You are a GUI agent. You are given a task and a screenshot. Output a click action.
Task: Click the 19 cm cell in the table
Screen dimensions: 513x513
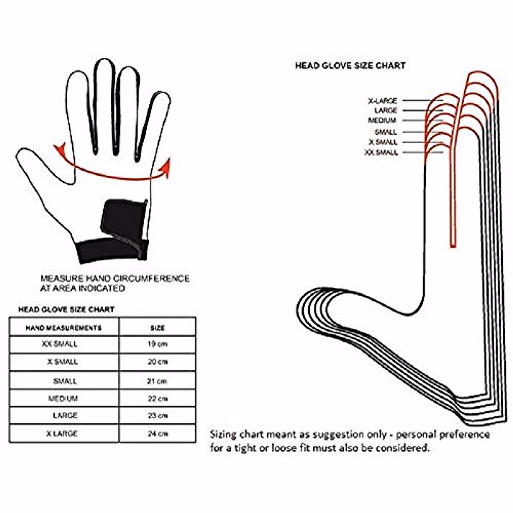pos(157,344)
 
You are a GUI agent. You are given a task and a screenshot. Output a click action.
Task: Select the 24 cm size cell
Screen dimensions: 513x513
pos(157,433)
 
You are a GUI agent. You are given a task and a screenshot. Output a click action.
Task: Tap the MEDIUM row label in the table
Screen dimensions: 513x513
pos(63,398)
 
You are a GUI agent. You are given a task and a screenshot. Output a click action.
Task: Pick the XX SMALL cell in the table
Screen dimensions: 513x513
pos(59,344)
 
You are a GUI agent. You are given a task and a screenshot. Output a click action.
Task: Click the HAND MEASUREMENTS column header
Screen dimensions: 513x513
pos(64,328)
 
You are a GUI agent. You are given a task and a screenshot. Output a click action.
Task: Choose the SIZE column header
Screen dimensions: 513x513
pos(157,328)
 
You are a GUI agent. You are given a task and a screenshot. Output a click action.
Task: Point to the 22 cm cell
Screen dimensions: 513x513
pos(157,398)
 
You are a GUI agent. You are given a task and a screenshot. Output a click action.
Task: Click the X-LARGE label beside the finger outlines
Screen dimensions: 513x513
pos(383,101)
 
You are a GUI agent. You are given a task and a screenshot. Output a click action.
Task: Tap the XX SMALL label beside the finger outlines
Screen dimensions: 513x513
pos(381,153)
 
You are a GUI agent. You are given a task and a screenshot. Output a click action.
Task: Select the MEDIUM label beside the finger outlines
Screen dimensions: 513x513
pos(382,121)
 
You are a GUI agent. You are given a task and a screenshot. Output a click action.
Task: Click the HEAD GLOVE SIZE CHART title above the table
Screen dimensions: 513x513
pos(66,309)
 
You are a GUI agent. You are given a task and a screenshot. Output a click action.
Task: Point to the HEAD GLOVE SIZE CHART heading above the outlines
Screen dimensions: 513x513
pos(350,66)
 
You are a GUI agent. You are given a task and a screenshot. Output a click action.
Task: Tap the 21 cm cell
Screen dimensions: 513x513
pos(157,381)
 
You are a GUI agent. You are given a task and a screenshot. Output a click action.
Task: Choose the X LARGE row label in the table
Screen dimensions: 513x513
pos(62,433)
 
